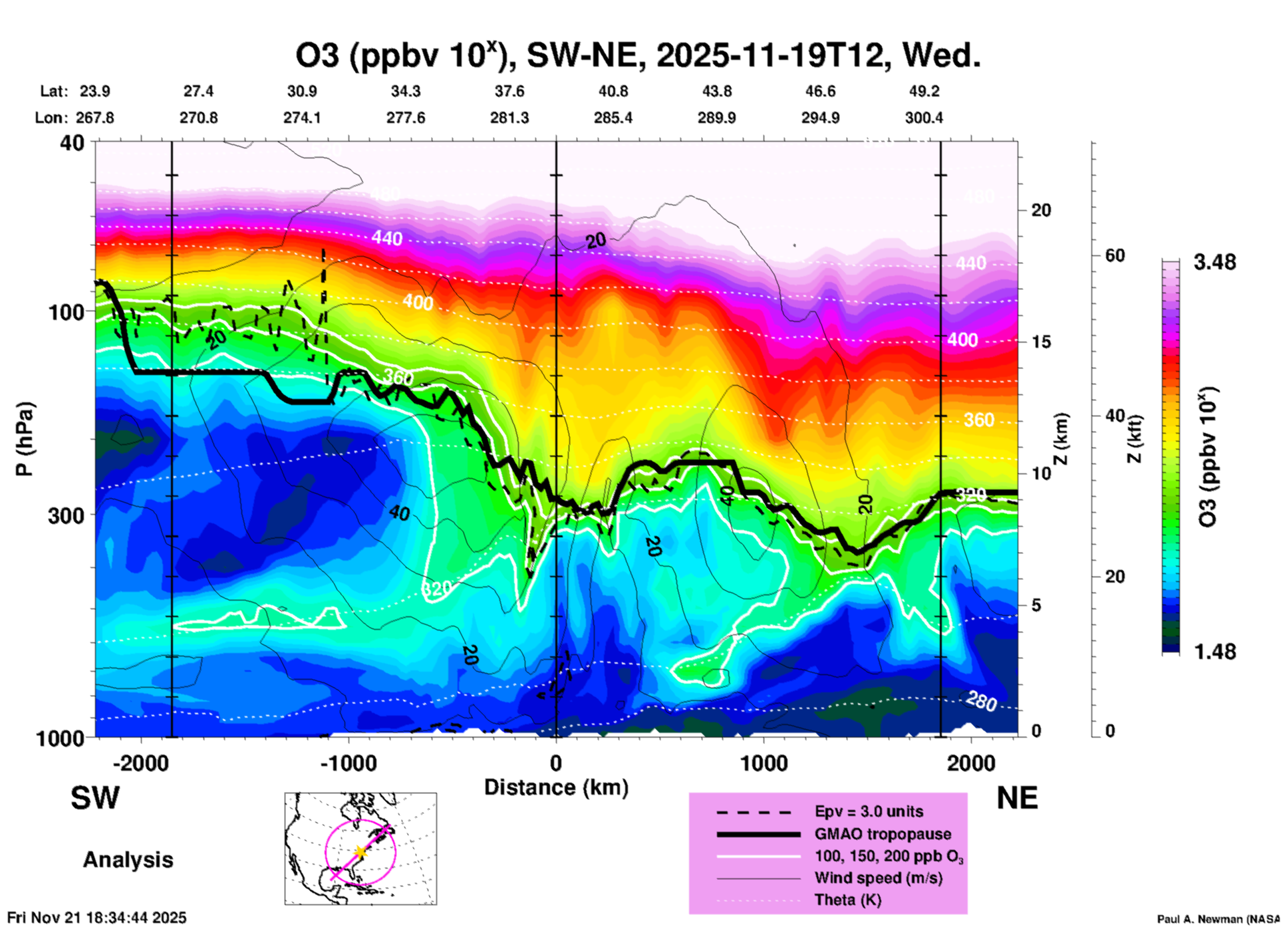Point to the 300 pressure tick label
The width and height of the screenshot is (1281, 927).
pos(67,515)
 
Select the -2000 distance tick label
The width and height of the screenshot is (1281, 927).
pos(140,763)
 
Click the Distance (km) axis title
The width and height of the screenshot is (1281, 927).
pos(556,787)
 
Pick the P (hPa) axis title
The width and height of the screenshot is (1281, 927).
pos(25,439)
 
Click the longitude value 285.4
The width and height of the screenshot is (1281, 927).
pos(613,118)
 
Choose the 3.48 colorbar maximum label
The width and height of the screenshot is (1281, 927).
pos(1214,262)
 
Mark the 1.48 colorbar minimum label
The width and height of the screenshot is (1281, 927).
pos(1214,652)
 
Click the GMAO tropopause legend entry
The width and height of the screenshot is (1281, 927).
pos(883,834)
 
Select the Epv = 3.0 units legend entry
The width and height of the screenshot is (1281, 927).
pos(869,811)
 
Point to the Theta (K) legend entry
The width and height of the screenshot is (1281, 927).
pos(847,900)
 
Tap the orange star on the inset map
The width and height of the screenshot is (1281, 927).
pos(360,851)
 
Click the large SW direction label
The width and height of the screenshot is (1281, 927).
pos(95,798)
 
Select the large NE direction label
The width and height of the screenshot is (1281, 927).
pos(1017,798)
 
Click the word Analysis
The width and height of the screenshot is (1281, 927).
pos(128,860)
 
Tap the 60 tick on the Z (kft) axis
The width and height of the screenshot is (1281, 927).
pos(1115,255)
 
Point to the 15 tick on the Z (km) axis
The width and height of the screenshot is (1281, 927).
pos(1041,342)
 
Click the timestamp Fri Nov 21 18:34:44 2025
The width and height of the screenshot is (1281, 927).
pos(97,918)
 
